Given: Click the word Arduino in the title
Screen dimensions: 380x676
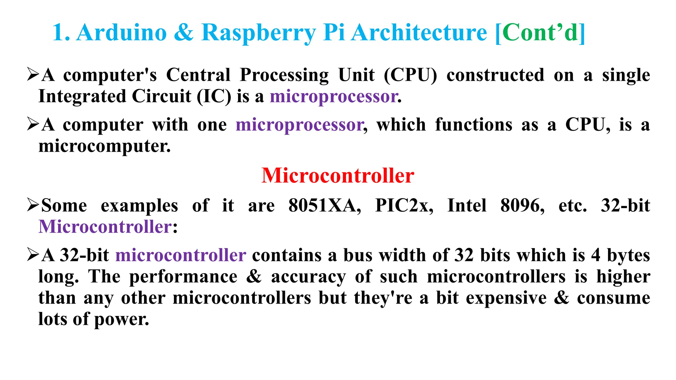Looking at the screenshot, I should click(121, 33).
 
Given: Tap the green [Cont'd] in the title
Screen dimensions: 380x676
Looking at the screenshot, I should click(540, 33).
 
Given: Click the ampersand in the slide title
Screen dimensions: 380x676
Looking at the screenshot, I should click(184, 33).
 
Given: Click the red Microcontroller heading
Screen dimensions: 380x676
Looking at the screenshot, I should click(338, 175).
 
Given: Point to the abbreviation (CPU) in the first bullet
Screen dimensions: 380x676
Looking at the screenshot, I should click(410, 75).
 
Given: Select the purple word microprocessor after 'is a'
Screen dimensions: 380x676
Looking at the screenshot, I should click(333, 97).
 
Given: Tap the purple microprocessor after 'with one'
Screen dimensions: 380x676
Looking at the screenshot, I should click(299, 125).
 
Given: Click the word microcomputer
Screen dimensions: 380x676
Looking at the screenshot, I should click(104, 146).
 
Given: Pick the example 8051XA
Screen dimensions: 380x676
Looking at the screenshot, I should click(324, 206).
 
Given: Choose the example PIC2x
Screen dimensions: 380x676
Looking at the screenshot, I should click(404, 206).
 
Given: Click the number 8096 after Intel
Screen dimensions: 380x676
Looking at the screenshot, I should click(522, 206).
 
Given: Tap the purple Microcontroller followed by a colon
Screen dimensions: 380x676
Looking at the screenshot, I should click(105, 227).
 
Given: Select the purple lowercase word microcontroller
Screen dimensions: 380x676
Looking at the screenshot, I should click(181, 255).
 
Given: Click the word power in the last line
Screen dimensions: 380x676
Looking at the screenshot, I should click(121, 319).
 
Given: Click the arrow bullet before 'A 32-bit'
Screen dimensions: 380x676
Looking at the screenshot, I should click(33, 255).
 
